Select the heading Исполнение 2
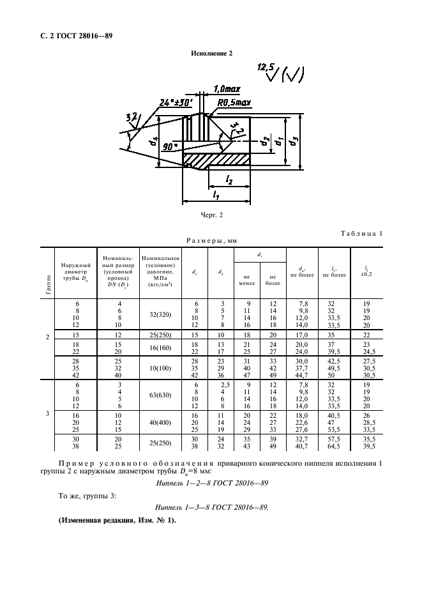[211, 54]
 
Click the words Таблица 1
[361, 233]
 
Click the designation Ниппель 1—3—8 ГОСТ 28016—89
[211, 508]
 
